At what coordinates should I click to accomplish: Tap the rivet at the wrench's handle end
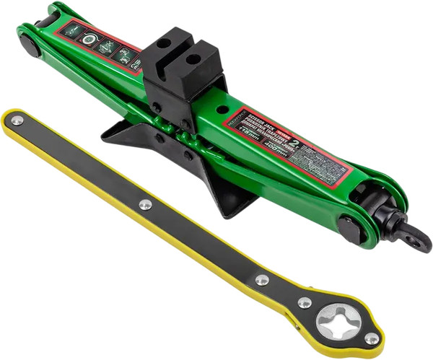tap(16, 120)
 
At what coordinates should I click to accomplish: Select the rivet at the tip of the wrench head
tap(372, 338)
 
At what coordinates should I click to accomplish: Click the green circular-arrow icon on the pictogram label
tap(89, 40)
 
